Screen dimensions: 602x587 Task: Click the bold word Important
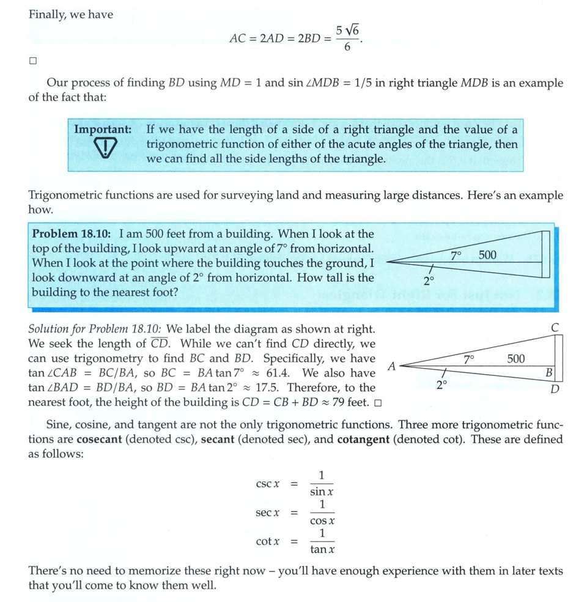[x=103, y=130]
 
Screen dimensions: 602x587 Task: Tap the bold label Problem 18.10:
[x=71, y=234]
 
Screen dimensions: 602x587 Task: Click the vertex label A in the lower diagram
[x=392, y=366]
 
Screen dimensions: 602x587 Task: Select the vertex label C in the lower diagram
[x=555, y=328]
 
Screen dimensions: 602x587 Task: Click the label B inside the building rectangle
[x=549, y=372]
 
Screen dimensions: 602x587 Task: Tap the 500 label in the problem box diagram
[x=487, y=255]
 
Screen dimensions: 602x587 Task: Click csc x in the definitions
[x=268, y=484]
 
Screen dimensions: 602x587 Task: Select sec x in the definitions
[x=268, y=513]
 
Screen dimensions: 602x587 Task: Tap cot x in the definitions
[x=268, y=541]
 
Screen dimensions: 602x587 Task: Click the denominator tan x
[x=322, y=549]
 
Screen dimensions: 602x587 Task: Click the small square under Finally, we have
[x=33, y=61]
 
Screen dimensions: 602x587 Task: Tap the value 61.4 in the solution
[x=278, y=373]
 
